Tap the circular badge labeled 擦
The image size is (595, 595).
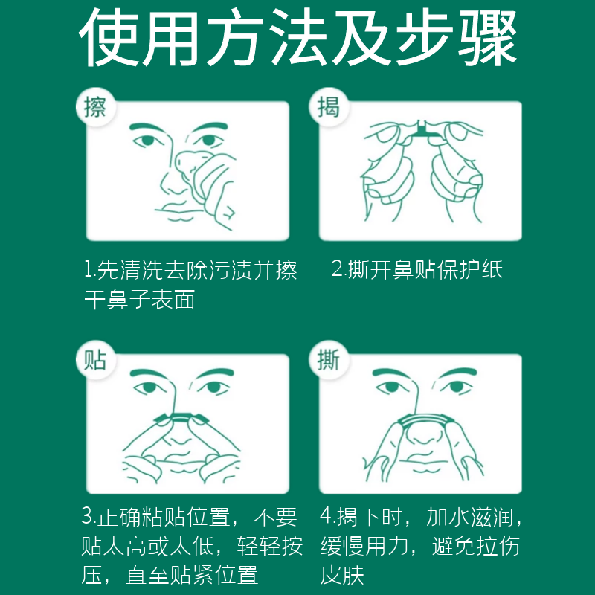[95, 107]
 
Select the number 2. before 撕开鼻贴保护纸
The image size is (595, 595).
[338, 270]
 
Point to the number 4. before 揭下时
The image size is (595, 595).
[327, 516]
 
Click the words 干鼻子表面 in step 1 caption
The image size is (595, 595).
[138, 300]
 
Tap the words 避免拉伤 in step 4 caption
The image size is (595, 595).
[476, 546]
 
